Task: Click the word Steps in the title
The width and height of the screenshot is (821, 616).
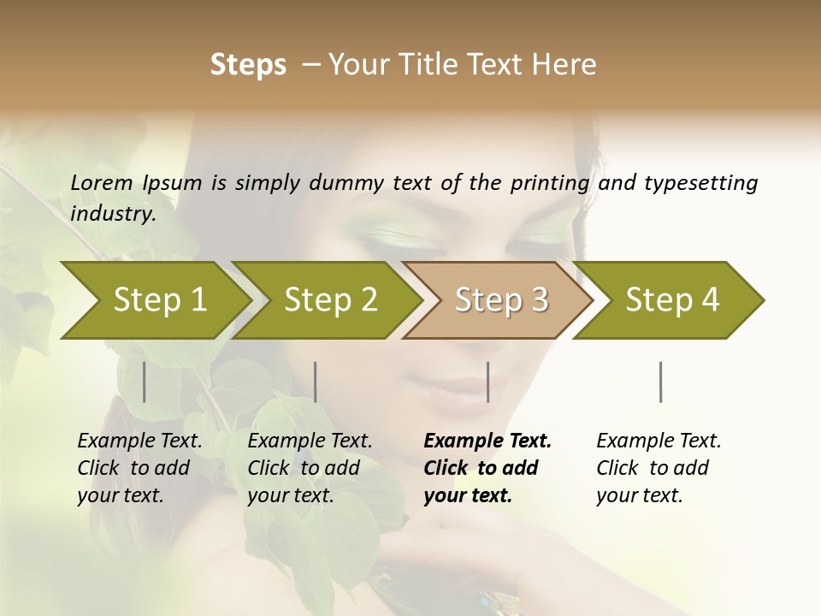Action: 248,64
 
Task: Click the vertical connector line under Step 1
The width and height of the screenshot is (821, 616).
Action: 145,382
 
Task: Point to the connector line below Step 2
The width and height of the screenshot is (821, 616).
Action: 316,382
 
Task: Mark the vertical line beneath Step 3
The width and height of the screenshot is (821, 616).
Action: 487,382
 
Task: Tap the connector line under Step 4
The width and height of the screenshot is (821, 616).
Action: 661,382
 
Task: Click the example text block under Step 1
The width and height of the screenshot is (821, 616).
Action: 139,468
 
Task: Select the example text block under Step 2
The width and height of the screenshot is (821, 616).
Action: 310,468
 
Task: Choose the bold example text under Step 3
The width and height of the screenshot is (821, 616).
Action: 487,468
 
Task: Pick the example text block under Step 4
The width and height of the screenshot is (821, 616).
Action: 659,468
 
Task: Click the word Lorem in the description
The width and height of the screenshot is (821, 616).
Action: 102,182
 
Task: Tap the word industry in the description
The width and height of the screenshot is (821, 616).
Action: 113,214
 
